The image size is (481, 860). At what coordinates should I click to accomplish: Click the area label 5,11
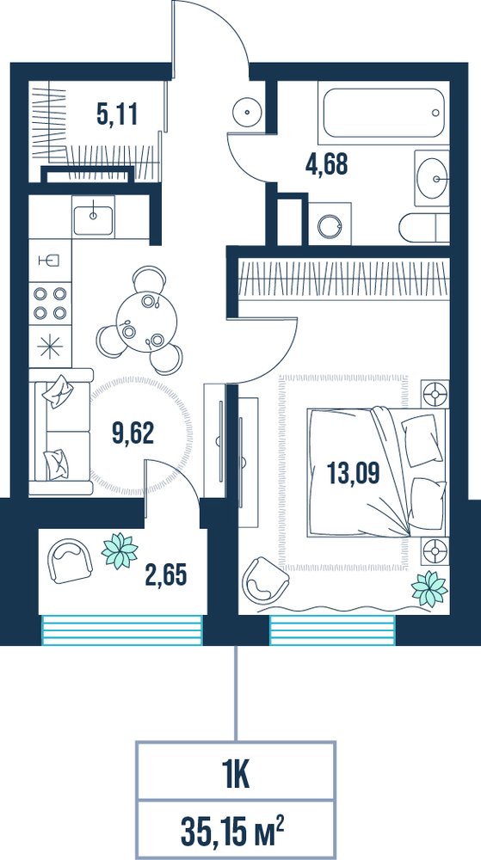[x=116, y=116]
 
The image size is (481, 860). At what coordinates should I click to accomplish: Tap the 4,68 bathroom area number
[x=327, y=164]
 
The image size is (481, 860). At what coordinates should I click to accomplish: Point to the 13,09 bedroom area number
[x=353, y=473]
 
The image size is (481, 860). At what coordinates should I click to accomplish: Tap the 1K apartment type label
[x=236, y=778]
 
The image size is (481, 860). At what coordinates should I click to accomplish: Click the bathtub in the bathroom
[x=383, y=113]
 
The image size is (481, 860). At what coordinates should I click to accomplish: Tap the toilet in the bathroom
[x=424, y=227]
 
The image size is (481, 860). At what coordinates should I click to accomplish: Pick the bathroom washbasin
[x=432, y=178]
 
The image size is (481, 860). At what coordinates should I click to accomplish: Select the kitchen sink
[x=93, y=218]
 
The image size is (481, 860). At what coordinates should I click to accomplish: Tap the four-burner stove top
[x=50, y=304]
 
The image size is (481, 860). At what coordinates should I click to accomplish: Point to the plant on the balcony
[x=120, y=550]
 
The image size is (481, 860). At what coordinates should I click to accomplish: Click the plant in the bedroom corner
[x=429, y=589]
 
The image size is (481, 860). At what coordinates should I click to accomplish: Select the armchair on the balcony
[x=71, y=560]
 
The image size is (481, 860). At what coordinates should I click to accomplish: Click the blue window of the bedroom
[x=332, y=630]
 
